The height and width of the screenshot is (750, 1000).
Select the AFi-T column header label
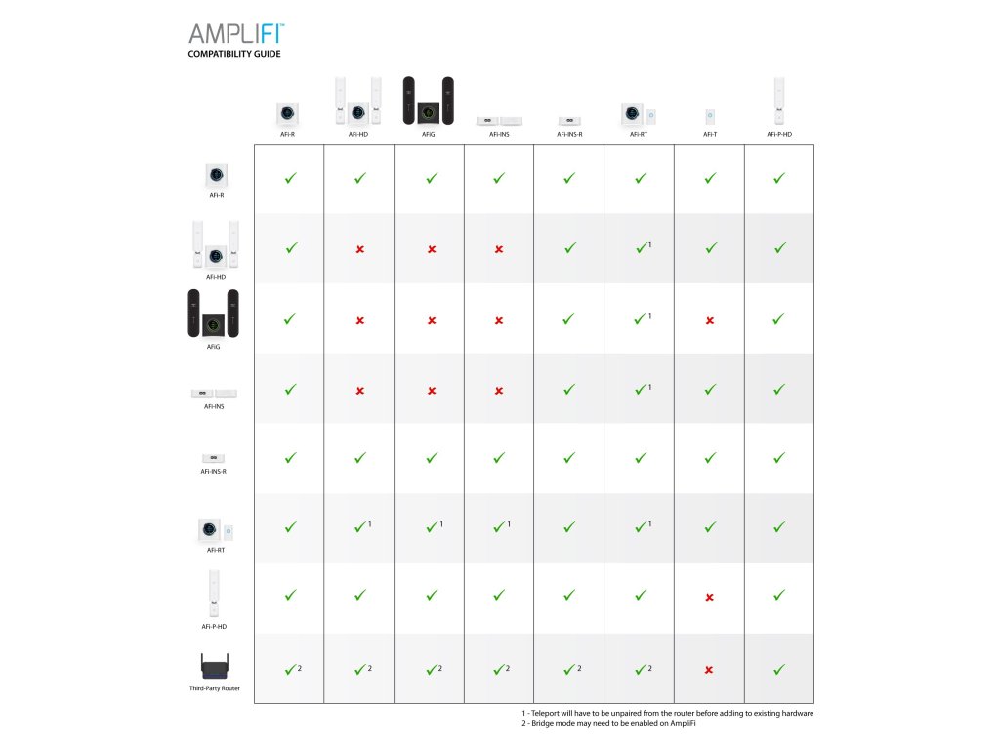coord(710,134)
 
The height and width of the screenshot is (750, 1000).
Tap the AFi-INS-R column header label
coord(569,134)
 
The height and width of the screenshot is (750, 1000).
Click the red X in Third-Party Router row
coord(709,669)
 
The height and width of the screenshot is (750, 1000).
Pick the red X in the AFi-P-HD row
coord(709,597)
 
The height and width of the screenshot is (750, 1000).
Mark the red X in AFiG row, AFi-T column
coord(709,320)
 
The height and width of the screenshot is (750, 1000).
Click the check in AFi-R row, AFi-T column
coord(710,179)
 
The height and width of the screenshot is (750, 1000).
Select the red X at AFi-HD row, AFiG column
coord(431,250)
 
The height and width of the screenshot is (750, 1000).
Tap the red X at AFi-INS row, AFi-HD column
coord(359,391)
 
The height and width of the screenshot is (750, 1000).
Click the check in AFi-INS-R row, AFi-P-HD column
coord(779,457)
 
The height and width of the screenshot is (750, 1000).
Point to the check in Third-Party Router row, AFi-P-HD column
coord(779,669)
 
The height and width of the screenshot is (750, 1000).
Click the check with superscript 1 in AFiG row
coord(640,319)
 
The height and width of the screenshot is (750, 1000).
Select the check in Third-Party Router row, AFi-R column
coord(290,669)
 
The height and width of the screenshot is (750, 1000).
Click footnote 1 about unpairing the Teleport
coord(667,713)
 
